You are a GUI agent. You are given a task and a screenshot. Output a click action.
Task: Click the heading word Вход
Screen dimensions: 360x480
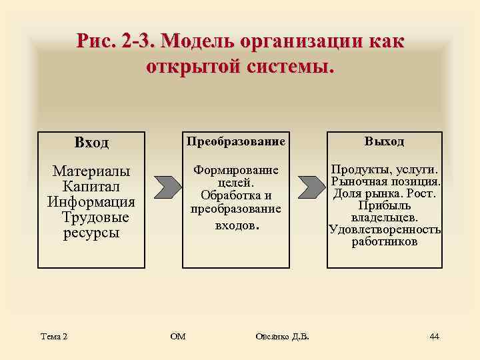(91, 143)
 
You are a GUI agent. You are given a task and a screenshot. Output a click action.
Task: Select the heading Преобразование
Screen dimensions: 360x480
(236, 142)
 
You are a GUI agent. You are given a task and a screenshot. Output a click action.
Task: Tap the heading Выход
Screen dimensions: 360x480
(384, 142)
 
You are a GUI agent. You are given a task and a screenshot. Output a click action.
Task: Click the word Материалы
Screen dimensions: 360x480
(91, 172)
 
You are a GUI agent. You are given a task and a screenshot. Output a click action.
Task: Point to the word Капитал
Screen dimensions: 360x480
(91, 187)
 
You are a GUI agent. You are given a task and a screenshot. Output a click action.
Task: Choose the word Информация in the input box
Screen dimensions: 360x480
(91, 203)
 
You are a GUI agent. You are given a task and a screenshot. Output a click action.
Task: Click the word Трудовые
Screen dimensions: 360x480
(95, 218)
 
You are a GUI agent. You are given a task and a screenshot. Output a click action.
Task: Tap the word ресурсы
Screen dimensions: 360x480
(91, 233)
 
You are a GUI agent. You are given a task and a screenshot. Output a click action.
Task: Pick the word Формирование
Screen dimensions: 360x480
(236, 171)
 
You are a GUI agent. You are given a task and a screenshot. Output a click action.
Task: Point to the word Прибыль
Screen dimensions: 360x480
(384, 206)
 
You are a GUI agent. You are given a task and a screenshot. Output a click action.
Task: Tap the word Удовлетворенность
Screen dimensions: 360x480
(385, 230)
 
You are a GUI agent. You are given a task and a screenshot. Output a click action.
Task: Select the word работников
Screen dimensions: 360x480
(385, 242)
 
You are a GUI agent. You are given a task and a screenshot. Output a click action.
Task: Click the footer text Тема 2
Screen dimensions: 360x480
(54, 336)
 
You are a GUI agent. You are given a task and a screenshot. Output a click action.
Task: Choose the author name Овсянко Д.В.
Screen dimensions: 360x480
(282, 336)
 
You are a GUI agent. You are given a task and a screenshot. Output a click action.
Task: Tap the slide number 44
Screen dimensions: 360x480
(434, 336)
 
